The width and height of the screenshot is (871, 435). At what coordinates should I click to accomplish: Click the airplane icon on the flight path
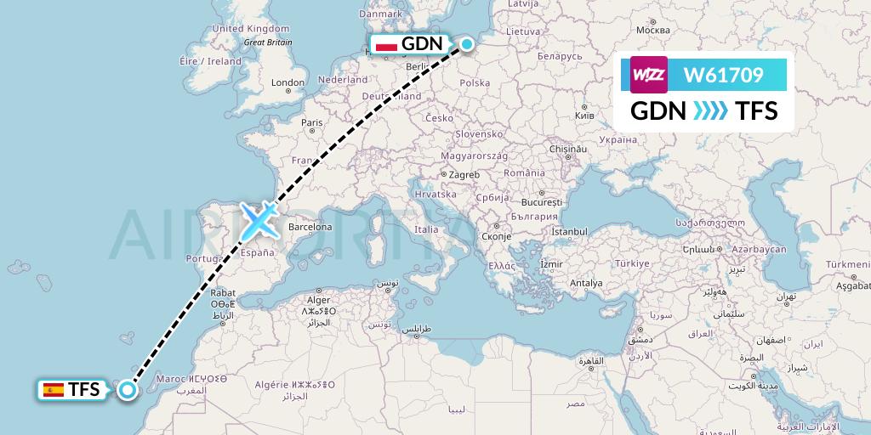tap(258, 220)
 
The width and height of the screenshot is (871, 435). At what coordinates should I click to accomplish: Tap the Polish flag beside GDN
tap(387, 45)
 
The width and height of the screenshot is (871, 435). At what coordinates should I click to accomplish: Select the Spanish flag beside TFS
tap(54, 390)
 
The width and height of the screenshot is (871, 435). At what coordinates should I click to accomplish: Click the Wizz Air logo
tap(648, 75)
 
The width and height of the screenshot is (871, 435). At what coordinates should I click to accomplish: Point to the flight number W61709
tap(723, 76)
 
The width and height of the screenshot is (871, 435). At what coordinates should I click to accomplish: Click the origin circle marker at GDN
tap(467, 44)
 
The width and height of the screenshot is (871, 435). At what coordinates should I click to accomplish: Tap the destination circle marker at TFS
tap(128, 390)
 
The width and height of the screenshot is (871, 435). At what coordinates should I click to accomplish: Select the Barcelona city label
tap(310, 227)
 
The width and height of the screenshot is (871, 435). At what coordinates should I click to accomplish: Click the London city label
tap(288, 82)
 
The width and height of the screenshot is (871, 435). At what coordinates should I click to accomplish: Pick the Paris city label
tap(311, 122)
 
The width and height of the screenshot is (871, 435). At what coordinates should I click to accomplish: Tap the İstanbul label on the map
tap(568, 231)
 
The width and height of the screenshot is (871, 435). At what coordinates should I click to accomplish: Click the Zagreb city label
tap(464, 174)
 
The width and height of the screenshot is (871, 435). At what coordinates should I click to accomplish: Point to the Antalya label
tap(586, 283)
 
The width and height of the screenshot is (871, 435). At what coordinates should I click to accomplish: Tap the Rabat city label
tap(223, 293)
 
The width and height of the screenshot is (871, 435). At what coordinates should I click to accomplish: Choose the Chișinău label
tap(569, 148)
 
